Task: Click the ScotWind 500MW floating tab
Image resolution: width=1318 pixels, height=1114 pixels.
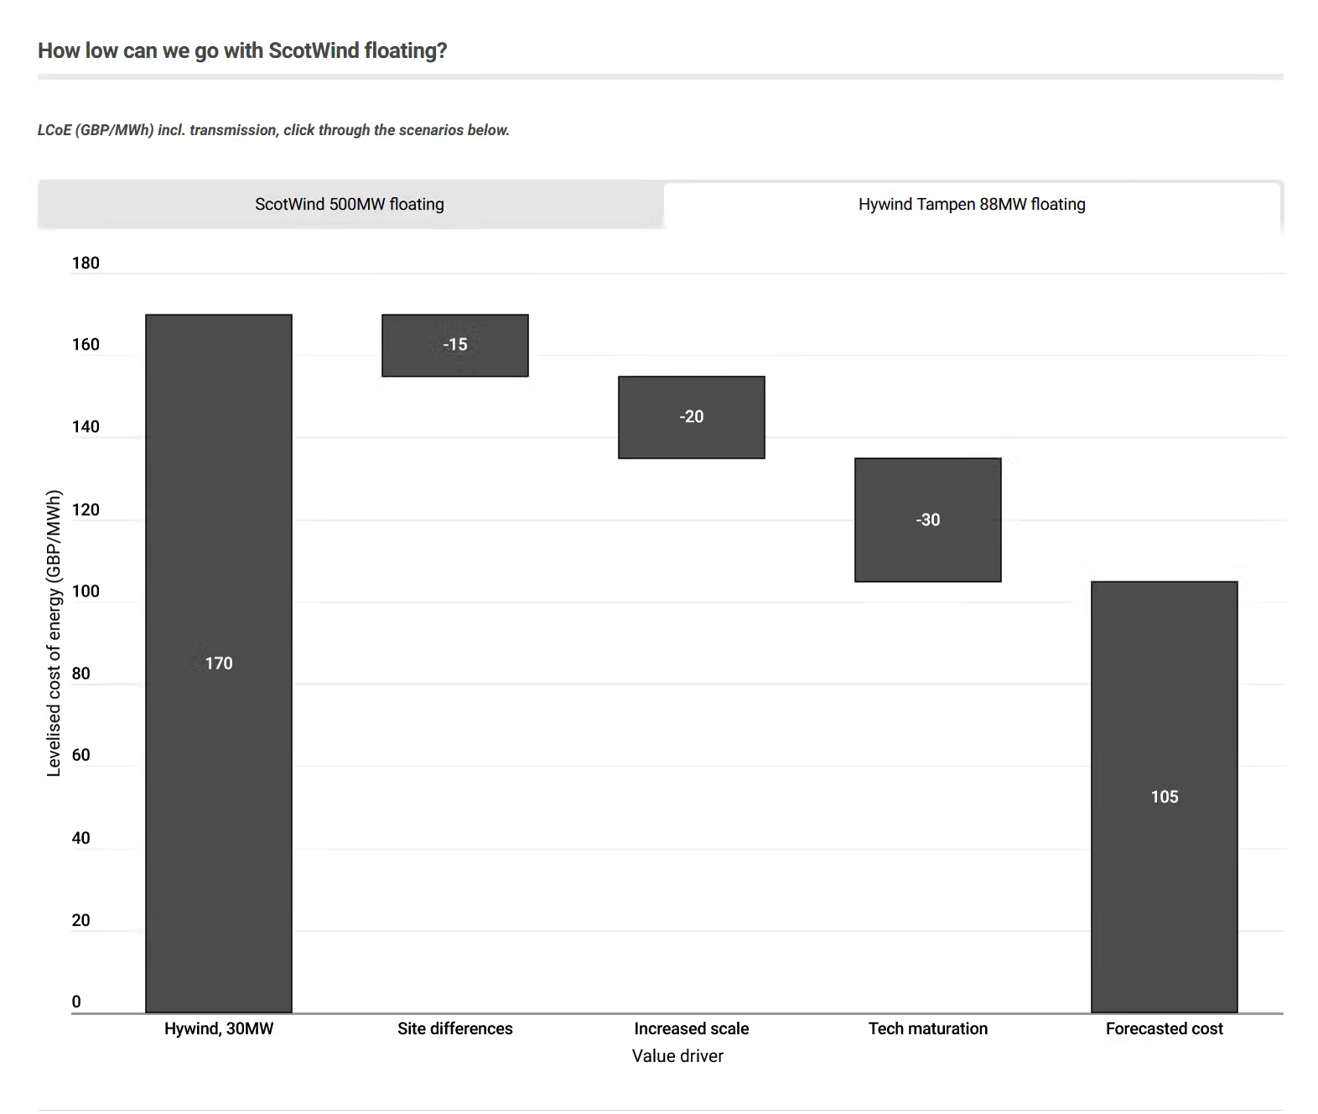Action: tap(350, 205)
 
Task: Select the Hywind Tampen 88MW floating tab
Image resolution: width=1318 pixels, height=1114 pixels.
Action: tap(972, 205)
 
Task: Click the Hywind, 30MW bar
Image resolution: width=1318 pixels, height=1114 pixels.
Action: tap(219, 663)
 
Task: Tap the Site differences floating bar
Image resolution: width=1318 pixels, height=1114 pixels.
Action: tap(455, 346)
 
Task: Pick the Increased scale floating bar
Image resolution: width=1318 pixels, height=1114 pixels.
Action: tap(691, 418)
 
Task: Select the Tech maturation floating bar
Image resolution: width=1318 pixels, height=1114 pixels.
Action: tap(928, 520)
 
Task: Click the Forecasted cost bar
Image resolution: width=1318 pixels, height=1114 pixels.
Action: tap(1165, 797)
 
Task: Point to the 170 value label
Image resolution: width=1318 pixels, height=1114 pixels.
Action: tap(219, 663)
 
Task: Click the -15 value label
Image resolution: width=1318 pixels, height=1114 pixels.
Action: tap(455, 344)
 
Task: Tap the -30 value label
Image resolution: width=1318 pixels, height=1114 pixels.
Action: tap(928, 520)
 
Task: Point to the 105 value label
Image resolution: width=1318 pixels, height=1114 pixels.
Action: tap(1165, 797)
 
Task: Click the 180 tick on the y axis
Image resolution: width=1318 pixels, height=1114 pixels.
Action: tap(86, 263)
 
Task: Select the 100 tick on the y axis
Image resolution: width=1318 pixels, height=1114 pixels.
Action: tap(86, 591)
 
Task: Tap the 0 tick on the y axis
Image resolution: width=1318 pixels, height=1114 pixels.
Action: tap(76, 1002)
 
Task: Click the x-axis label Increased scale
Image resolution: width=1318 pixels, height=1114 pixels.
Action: tap(691, 1028)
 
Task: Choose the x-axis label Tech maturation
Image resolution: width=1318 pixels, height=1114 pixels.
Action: tap(928, 1028)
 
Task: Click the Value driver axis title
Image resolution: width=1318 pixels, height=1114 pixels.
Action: tap(678, 1056)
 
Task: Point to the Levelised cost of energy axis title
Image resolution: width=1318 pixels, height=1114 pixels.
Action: tap(54, 633)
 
